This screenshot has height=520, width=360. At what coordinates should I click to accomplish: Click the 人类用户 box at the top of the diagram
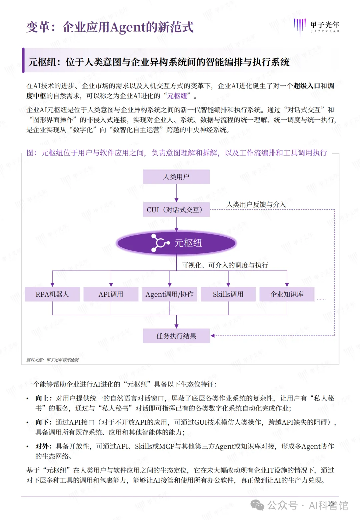click(176, 177)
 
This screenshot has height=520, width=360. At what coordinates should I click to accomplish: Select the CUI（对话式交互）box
click(176, 210)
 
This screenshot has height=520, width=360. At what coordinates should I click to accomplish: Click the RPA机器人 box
click(52, 294)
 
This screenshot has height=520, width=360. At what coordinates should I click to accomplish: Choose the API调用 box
click(111, 294)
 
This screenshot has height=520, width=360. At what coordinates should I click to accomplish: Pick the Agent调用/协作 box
click(170, 294)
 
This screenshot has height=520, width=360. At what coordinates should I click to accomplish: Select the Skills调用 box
click(228, 294)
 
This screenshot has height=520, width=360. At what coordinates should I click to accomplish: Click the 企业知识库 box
click(287, 294)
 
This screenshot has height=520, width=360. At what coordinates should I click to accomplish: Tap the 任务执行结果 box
click(176, 336)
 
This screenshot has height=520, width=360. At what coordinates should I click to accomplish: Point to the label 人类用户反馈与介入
click(256, 204)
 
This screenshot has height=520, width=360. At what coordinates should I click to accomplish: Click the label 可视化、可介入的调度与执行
click(225, 265)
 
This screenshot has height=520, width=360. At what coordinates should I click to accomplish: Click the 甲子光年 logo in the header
click(317, 27)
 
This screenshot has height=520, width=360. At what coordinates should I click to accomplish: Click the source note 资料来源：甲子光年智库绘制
click(53, 360)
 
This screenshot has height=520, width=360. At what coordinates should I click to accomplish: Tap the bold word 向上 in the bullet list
click(43, 398)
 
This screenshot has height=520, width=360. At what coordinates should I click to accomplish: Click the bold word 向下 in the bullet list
click(43, 422)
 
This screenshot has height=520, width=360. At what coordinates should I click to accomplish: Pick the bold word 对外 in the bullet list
click(43, 446)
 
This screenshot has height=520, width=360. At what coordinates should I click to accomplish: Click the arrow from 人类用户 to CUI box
click(176, 193)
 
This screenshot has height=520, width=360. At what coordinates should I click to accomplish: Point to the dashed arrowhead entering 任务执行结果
click(213, 336)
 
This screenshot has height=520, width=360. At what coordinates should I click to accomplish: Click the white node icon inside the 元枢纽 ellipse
click(160, 243)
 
